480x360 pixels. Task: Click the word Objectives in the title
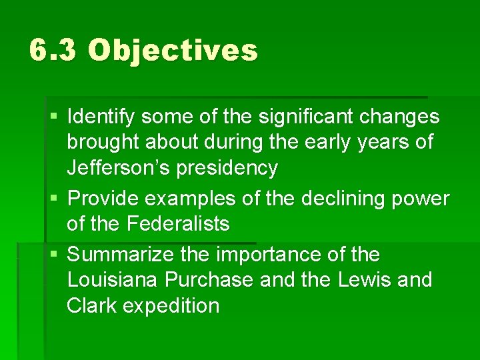coord(172,51)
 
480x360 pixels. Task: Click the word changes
coord(400,117)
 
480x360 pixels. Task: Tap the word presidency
coord(227,169)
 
